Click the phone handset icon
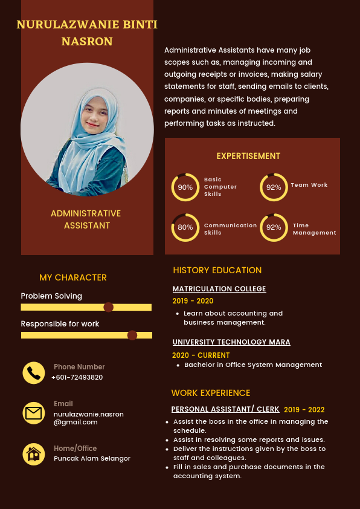pos(34,373)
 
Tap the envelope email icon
pos(34,413)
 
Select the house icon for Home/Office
pos(34,454)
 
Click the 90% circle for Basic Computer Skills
pos(185,187)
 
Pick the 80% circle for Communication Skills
pos(185,227)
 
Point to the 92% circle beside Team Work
pos(274,187)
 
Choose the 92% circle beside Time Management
pos(274,227)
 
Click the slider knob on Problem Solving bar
pos(109,307)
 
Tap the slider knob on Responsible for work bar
pos(132,335)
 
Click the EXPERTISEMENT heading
pos(248,156)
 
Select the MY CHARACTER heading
pos(73,277)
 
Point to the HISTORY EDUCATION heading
pos(217,270)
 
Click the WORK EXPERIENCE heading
pos(210,393)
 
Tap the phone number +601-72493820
pos(77,377)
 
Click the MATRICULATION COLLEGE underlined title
pos(219,289)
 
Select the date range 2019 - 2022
pos(304,409)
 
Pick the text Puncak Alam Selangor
pos(92,458)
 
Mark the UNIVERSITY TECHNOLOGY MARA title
pos(231,342)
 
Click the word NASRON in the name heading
pos(87,42)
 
